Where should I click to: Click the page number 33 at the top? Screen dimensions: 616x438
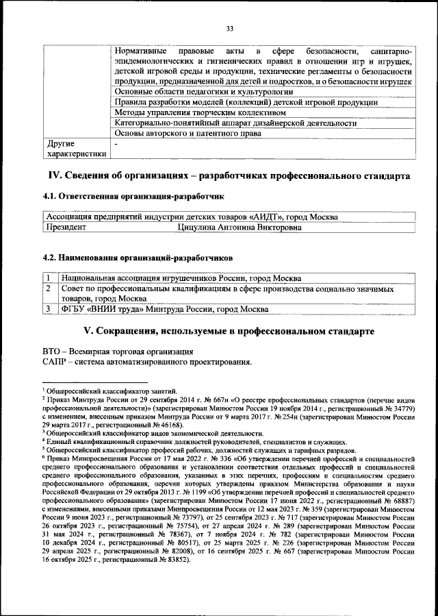[x=230, y=28]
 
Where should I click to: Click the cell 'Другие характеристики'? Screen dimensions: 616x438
[x=75, y=149]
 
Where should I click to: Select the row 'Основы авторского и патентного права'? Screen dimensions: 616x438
[x=187, y=134]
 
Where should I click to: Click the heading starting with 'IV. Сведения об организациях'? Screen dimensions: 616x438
[x=229, y=175]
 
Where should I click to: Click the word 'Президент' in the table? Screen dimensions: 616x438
[x=66, y=227]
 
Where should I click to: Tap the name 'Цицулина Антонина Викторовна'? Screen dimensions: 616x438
[x=239, y=227]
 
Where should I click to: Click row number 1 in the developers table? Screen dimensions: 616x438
[x=49, y=278]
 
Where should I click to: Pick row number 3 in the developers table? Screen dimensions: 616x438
[x=49, y=309]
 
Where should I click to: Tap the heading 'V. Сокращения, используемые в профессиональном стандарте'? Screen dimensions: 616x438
[x=229, y=331]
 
